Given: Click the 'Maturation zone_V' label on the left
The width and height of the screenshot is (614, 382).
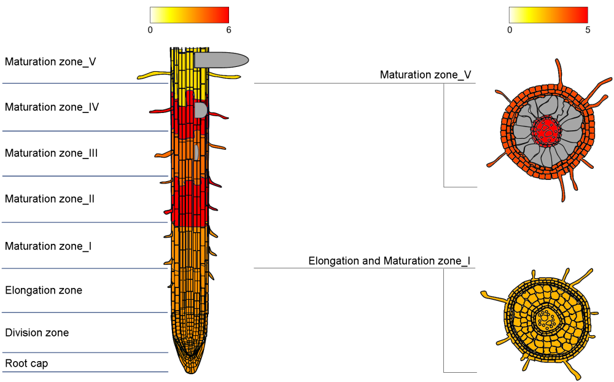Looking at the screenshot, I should coord(50,61).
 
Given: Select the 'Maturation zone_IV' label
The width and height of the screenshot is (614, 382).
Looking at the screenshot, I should coord(52,107).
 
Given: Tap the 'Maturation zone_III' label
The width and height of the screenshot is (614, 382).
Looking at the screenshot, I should coord(52,153).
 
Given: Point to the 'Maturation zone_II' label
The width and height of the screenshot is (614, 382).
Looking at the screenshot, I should coord(50,199).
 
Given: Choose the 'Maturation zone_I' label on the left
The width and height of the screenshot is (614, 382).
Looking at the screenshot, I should coord(49,246).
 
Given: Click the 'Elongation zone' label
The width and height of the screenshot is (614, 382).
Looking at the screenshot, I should coord(44,290).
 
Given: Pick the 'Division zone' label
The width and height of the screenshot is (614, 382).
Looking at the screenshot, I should coord(37,333).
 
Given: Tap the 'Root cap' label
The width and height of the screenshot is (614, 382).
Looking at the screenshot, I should coord(26,363).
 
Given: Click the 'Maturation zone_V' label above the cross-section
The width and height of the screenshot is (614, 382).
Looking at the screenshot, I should coord(426,75).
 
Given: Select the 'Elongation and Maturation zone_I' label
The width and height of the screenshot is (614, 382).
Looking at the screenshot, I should coord(389,261).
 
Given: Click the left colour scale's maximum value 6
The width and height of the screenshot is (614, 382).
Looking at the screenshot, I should coord(228,29).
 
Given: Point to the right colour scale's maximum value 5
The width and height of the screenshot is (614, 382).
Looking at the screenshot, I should coord(588,29).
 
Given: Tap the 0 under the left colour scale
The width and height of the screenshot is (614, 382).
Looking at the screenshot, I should coord(150,29).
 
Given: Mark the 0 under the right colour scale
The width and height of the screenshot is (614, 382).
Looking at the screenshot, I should coord(510,29).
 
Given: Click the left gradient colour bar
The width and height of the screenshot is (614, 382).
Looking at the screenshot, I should coord(189,15).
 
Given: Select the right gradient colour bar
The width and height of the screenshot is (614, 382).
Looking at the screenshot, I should coord(548,15).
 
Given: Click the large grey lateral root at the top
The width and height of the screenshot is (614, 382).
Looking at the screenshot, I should coord(221,60).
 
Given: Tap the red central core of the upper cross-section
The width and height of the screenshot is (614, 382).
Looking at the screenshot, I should coord(545,131).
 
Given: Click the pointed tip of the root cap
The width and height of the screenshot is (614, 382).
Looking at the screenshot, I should coord(190,371).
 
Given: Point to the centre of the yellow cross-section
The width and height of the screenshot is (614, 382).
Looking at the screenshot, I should coord(545,319).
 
